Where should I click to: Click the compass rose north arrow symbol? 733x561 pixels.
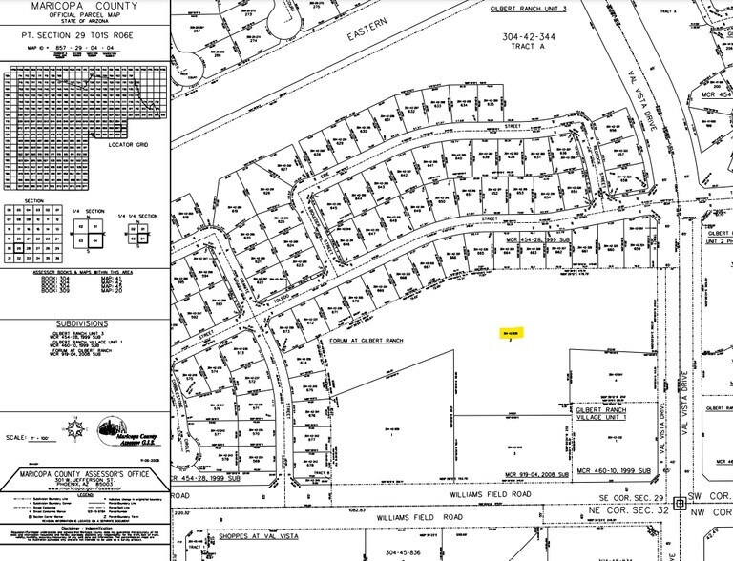(x=99, y=422)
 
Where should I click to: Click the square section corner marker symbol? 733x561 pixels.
(x=680, y=501)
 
